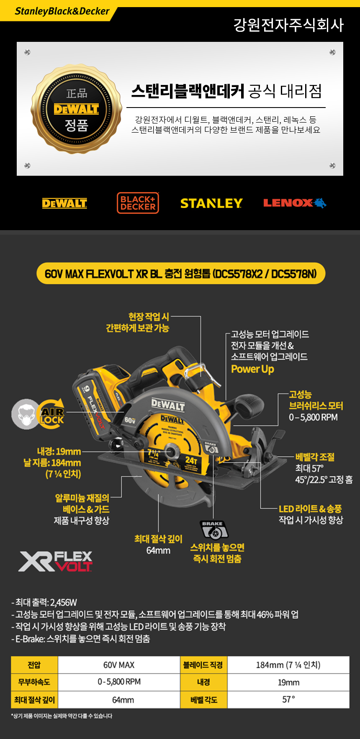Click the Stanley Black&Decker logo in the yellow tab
click(x=62, y=11)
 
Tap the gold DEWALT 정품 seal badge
click(x=76, y=109)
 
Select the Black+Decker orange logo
click(x=138, y=203)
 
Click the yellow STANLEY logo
click(x=211, y=203)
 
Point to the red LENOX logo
click(x=295, y=203)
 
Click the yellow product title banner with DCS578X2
click(x=181, y=274)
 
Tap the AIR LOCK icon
click(x=38, y=414)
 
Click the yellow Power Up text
click(x=252, y=369)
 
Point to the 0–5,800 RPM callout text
click(x=313, y=417)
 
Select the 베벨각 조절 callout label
click(x=315, y=457)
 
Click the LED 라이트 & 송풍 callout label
click(x=310, y=509)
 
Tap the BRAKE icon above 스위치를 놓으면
click(x=213, y=530)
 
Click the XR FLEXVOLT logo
click(x=55, y=562)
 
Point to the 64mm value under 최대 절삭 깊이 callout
click(x=158, y=551)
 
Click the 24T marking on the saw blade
click(x=191, y=460)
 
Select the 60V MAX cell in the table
click(x=119, y=665)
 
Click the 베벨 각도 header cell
click(x=204, y=700)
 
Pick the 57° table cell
click(x=288, y=700)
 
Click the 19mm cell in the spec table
click(x=288, y=683)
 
